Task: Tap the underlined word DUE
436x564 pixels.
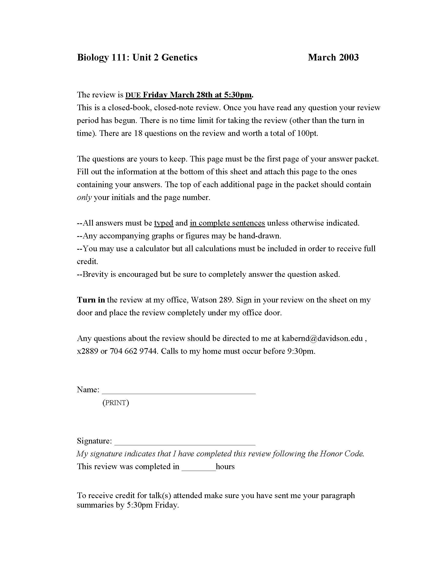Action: tap(133, 95)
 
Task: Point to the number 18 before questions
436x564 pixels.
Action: tap(138, 133)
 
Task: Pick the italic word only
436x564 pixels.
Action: tap(84, 198)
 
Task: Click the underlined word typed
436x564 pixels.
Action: tap(164, 223)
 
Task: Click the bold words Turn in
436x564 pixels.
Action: tap(91, 300)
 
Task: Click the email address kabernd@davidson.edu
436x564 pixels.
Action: tap(322, 338)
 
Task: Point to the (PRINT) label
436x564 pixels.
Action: tap(115, 403)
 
